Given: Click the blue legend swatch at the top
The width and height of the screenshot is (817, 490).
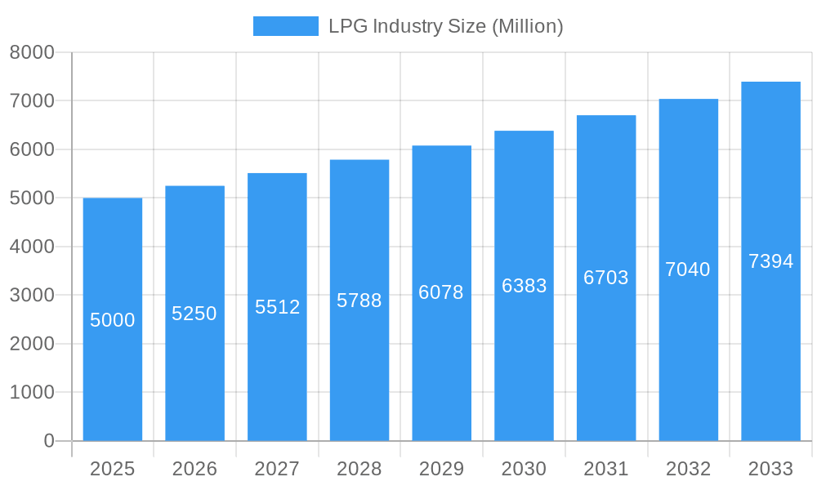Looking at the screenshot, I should [x=285, y=26].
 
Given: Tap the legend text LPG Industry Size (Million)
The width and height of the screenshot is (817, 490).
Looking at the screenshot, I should [x=445, y=26].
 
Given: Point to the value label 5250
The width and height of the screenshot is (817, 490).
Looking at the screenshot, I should [x=194, y=314].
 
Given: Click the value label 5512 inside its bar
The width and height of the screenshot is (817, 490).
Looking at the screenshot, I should [x=277, y=307].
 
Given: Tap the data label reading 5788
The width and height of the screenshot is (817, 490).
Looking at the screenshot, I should [x=359, y=301].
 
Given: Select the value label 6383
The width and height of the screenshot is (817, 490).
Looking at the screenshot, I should [x=524, y=286].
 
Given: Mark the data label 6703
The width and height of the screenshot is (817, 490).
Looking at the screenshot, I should [x=606, y=278].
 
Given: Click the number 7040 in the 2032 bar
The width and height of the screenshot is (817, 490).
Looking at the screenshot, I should [x=688, y=269].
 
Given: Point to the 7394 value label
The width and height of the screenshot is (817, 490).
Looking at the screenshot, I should [x=770, y=261].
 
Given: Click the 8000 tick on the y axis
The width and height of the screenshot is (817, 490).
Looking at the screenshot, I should [x=32, y=52].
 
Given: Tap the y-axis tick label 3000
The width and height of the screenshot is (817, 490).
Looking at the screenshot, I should [x=32, y=296].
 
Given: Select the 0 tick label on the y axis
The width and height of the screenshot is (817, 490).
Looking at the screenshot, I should [x=48, y=441].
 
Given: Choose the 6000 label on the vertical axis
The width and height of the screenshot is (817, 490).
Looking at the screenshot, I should [x=32, y=149].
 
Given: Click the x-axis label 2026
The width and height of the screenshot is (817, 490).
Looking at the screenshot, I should [x=194, y=469].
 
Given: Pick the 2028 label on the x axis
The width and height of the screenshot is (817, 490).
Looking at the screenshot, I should [x=359, y=469].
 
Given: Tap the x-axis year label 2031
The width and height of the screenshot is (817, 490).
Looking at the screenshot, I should [x=606, y=469].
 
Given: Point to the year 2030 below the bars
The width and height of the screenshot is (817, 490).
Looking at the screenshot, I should [x=524, y=469].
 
